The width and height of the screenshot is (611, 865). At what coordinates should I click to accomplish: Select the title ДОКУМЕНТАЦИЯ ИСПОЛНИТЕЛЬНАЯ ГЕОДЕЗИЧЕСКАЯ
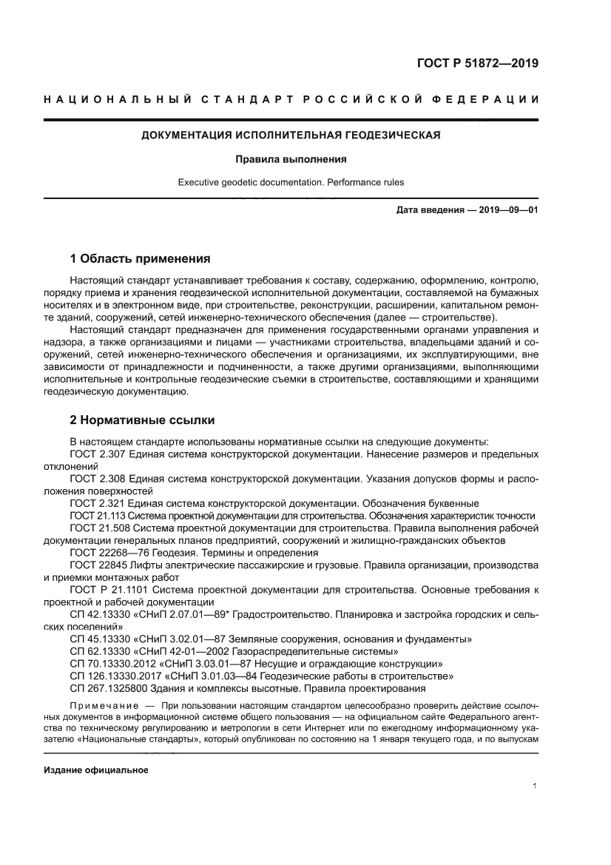coord(291,136)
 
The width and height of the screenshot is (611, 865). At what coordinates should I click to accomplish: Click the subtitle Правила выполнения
coord(291,159)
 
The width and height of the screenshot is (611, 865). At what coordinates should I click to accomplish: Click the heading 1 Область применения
coord(140,259)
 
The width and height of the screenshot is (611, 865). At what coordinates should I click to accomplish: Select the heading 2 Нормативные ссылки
coord(142,420)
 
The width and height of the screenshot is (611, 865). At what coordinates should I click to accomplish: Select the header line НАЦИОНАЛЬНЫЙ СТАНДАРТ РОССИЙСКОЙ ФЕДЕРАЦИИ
coord(291,100)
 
